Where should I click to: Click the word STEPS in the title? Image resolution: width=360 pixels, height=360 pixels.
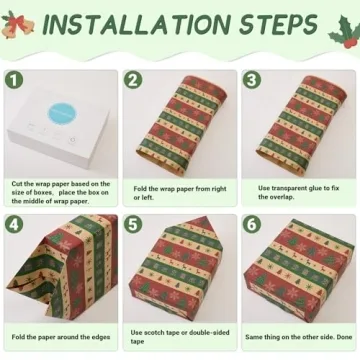[275, 24]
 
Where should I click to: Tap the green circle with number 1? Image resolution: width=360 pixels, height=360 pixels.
[14, 79]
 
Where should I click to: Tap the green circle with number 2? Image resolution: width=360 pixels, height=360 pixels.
[133, 79]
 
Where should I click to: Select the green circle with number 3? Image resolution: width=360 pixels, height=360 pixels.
[252, 79]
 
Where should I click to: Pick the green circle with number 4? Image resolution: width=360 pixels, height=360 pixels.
[14, 224]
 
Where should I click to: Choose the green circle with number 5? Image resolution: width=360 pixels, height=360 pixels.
[133, 224]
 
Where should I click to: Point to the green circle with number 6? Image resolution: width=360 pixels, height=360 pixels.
[252, 224]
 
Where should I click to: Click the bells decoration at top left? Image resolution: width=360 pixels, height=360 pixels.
[18, 26]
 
